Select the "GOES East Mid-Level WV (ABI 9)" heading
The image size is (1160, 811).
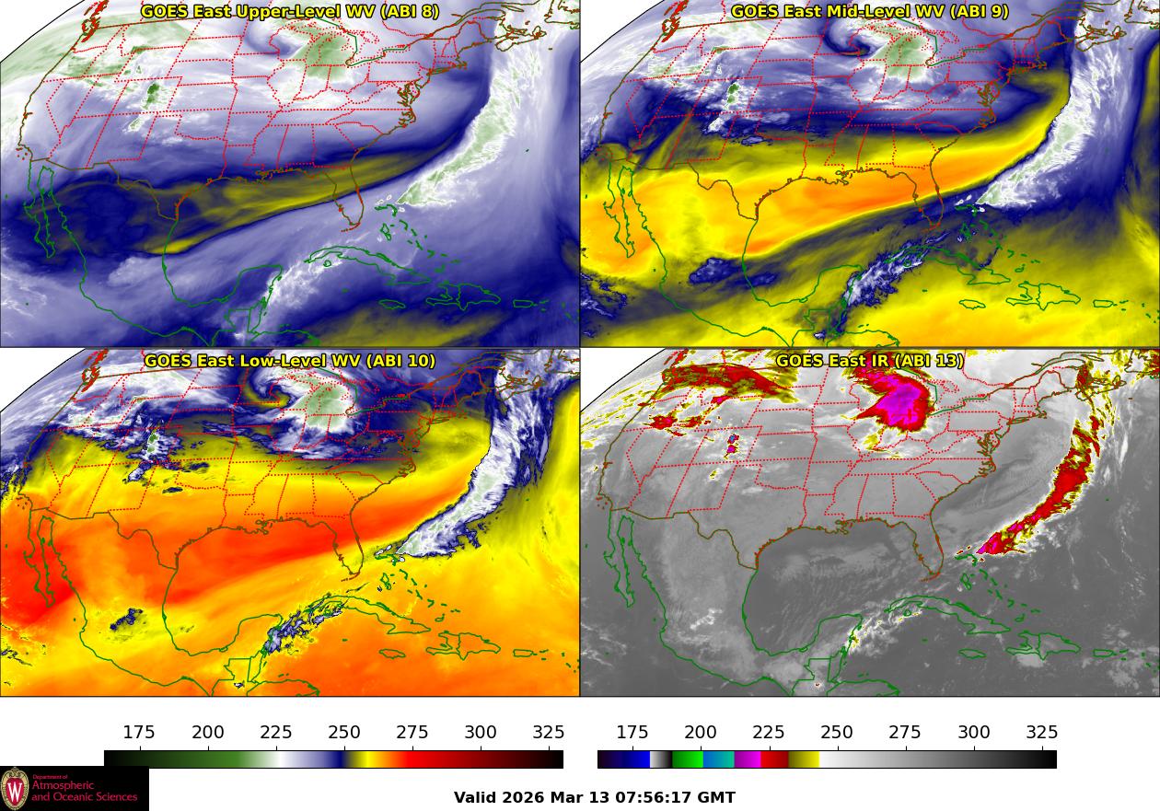(870, 12)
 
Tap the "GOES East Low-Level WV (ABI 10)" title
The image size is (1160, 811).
(290, 361)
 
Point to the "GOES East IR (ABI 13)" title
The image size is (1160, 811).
(870, 361)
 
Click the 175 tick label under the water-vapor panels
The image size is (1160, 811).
(139, 733)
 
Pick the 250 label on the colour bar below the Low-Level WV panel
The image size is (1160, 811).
(344, 733)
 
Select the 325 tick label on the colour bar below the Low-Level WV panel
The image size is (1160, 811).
(549, 733)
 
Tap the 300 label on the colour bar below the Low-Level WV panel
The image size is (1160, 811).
(481, 733)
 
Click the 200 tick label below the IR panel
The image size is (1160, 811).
(701, 733)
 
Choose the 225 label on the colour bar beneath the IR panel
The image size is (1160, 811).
(769, 733)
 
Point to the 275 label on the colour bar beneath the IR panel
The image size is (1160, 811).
(905, 733)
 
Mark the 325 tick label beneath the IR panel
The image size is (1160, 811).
(1042, 733)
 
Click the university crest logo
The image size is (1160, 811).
(15, 789)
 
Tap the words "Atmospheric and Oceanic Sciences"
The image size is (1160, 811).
(84, 790)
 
